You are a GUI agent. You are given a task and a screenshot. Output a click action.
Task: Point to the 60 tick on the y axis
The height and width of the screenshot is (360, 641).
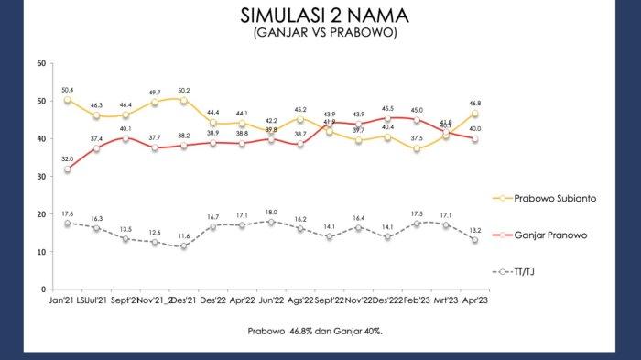point(41,63)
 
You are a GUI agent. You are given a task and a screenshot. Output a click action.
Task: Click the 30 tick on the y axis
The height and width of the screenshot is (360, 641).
point(41,176)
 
